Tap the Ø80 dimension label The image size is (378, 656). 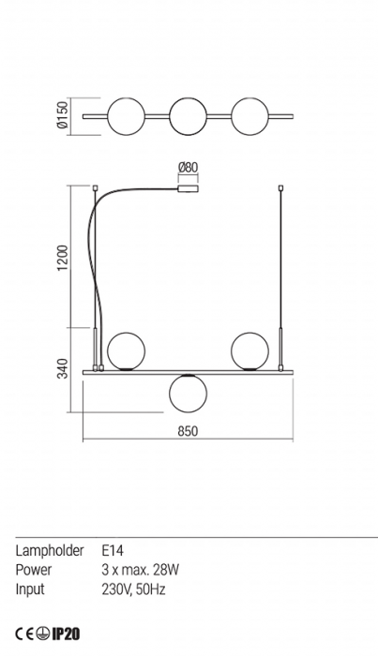pyautogui.click(x=188, y=168)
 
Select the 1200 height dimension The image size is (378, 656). pyautogui.click(x=62, y=258)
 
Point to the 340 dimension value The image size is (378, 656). pyautogui.click(x=62, y=368)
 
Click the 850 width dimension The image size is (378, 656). pyautogui.click(x=188, y=431)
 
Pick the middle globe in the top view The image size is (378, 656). pyautogui.click(x=188, y=116)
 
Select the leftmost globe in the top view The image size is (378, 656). pyautogui.click(x=126, y=116)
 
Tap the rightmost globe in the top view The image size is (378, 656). pyautogui.click(x=249, y=116)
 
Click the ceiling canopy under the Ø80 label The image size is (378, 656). pyautogui.click(x=188, y=188)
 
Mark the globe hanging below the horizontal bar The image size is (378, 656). pyautogui.click(x=188, y=394)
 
